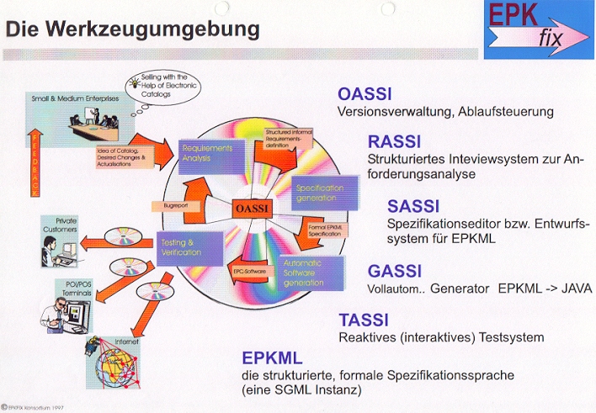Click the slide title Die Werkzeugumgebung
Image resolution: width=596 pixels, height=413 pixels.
[133, 29]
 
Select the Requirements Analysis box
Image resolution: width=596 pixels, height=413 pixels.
[211, 153]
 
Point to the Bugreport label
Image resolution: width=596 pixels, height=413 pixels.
[168, 204]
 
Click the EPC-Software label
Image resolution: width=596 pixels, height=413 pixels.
[251, 273]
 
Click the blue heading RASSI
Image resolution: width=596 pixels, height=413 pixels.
[395, 142]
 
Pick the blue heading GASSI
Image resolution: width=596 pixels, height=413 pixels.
[395, 272]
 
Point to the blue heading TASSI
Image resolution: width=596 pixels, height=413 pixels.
[365, 320]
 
